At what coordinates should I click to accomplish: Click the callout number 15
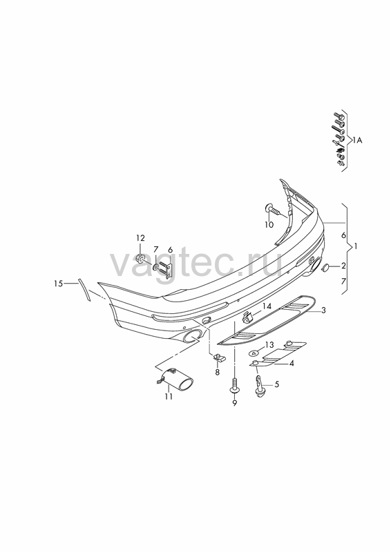tap(59, 283)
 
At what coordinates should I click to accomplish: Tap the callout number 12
tap(141, 238)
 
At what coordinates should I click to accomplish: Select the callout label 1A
tap(357, 141)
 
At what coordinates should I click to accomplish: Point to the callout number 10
tap(269, 225)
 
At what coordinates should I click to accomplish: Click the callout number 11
tap(169, 396)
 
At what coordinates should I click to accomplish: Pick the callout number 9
tap(234, 404)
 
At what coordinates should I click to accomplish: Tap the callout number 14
tap(267, 306)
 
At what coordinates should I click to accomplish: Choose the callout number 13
tap(269, 344)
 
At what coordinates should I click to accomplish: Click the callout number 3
tap(323, 310)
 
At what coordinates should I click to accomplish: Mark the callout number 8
tap(217, 372)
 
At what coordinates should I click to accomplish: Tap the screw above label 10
tap(274, 210)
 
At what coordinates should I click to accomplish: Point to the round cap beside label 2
tap(325, 267)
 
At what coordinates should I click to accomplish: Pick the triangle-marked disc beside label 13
tap(254, 352)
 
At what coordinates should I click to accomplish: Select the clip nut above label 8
tap(218, 357)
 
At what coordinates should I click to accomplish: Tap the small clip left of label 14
tap(248, 317)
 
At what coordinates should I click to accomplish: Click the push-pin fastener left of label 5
tap(260, 386)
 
